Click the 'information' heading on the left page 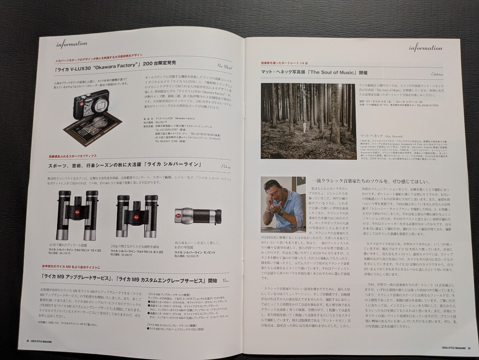(71, 44)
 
